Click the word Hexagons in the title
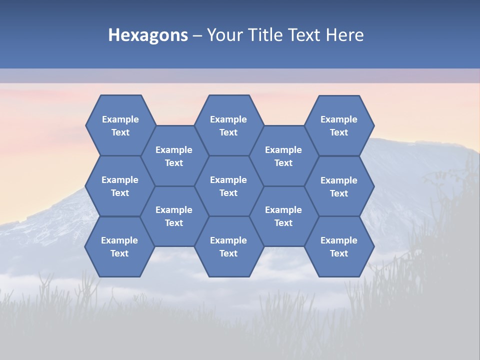pos(148,35)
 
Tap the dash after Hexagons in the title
pos(197,35)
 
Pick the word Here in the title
pos(345,35)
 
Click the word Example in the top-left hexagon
pos(120,119)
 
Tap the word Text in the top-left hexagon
pos(120,132)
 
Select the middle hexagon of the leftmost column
pos(120,186)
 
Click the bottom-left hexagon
pos(119,246)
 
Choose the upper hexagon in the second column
pos(174,156)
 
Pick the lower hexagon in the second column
pos(174,216)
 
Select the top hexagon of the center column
pos(228,125)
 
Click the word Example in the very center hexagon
pos(228,180)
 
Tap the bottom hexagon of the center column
pos(228,246)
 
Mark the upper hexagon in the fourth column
pos(283,156)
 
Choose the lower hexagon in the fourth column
pos(283,216)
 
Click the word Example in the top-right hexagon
pos(339,119)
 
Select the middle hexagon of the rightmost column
pos(339,186)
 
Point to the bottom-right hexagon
pos(339,246)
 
